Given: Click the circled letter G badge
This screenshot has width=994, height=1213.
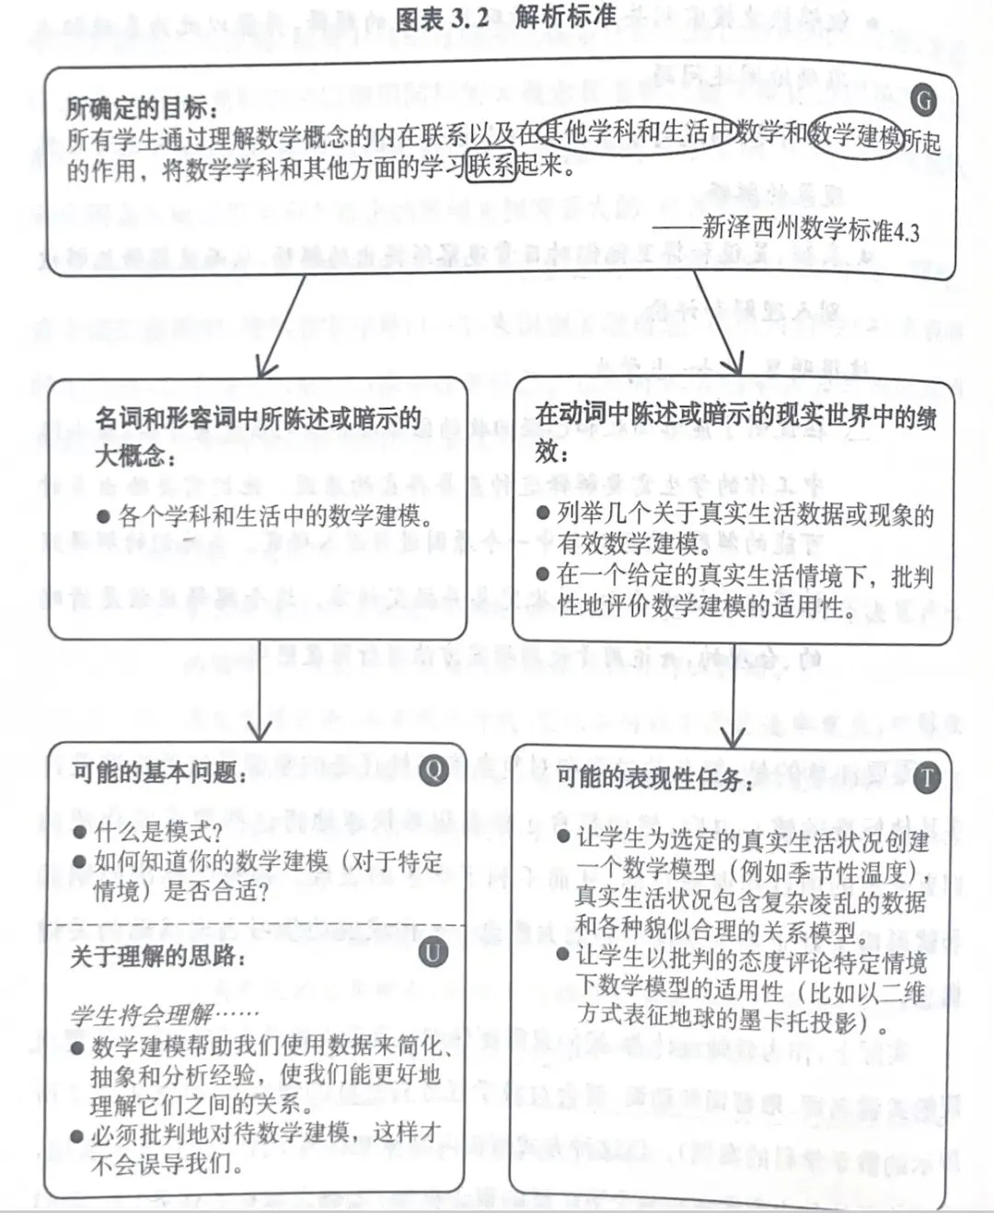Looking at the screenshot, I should tap(922, 100).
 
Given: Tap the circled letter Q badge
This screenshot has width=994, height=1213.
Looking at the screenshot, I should tap(433, 769).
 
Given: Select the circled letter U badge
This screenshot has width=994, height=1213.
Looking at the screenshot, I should tap(433, 951).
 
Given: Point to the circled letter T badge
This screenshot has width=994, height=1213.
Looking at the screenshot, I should tap(926, 779).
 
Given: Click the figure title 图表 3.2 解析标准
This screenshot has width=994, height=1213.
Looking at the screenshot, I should tap(505, 17).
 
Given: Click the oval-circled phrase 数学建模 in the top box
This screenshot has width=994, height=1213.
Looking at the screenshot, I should tap(855, 137).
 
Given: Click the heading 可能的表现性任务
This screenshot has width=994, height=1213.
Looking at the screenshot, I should tap(654, 779).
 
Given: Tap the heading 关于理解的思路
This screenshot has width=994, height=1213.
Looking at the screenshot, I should tap(158, 956).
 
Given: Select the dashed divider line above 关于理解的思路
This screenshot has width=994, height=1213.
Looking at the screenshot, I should tap(258, 923).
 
